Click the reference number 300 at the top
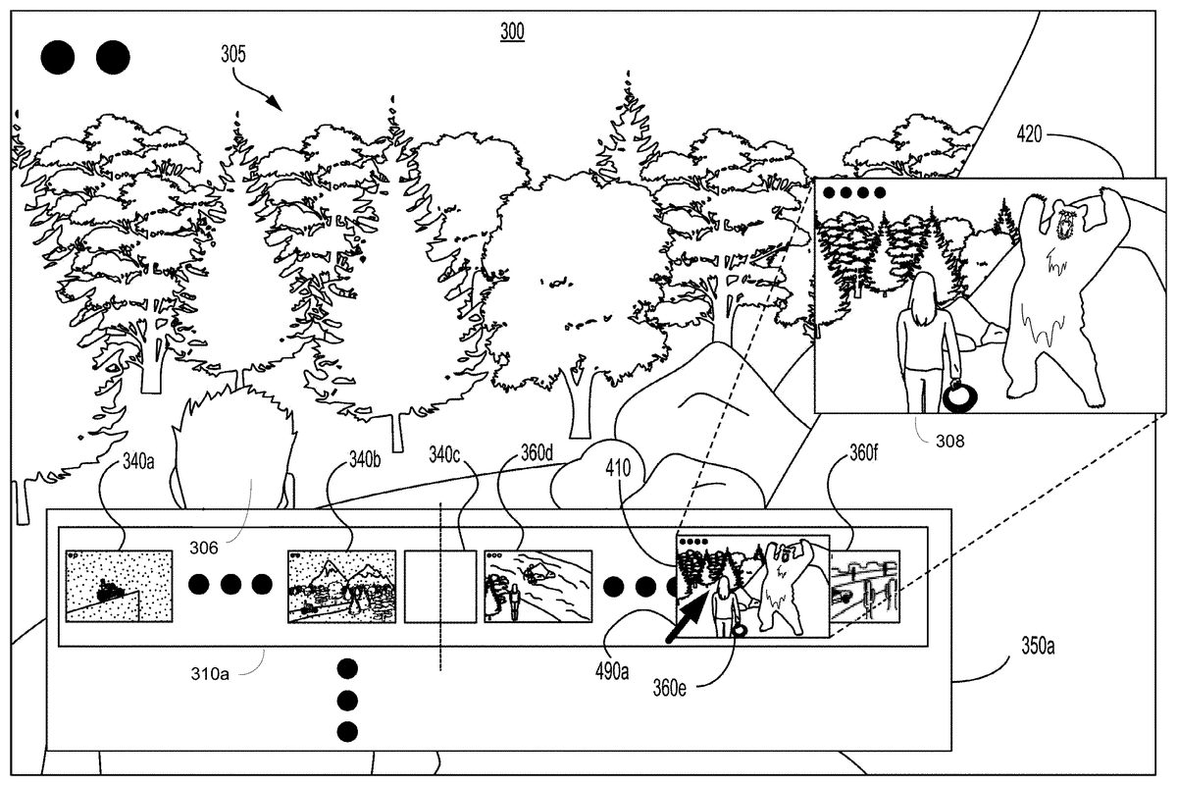coord(512,32)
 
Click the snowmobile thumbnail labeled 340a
coord(118,586)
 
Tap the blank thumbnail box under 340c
coord(439,586)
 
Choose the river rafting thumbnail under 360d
coord(538,586)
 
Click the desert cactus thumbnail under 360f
coord(865,587)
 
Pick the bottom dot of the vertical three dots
coord(346,731)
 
